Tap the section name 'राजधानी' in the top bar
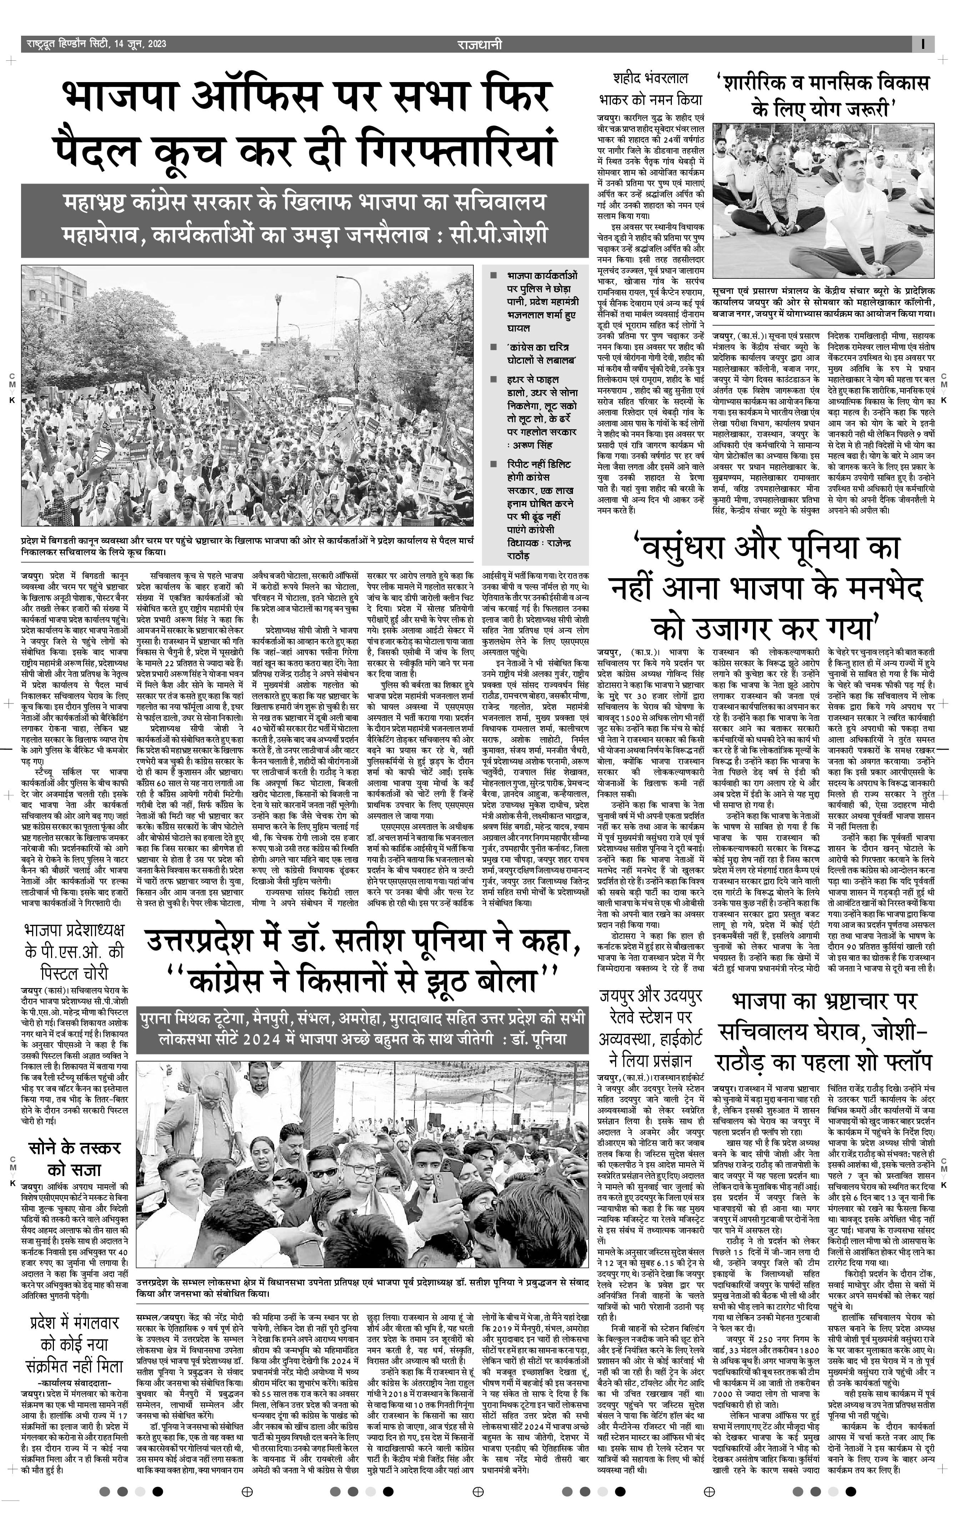click(480, 44)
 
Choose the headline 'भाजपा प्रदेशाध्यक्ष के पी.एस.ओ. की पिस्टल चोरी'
click(74, 950)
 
